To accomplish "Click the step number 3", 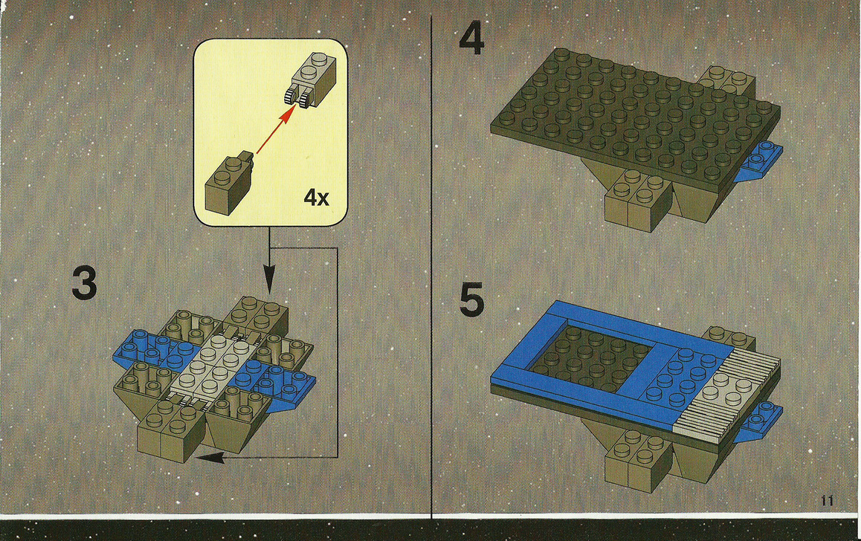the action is tap(84, 284).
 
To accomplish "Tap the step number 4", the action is tap(471, 40).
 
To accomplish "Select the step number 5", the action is tap(471, 300).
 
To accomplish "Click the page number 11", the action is tap(828, 500).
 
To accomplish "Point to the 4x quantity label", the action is tap(316, 197).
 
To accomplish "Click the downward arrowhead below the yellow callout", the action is tap(268, 280).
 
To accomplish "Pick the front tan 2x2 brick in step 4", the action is tap(638, 200).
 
